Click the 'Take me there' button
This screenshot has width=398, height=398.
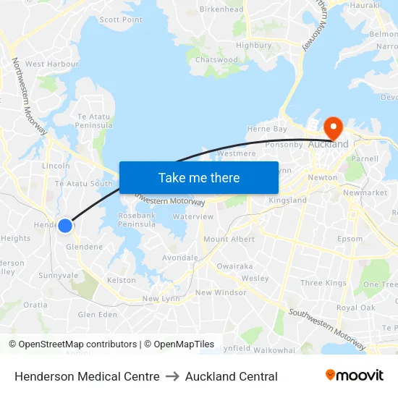pyautogui.click(x=198, y=177)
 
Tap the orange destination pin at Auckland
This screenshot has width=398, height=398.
pyautogui.click(x=334, y=128)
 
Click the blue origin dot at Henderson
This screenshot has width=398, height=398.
pyautogui.click(x=65, y=226)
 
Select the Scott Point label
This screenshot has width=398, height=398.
pyautogui.click(x=121, y=20)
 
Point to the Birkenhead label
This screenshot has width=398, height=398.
pyautogui.click(x=221, y=9)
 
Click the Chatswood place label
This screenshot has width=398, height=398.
pyautogui.click(x=216, y=60)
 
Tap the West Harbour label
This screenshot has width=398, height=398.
pyautogui.click(x=52, y=64)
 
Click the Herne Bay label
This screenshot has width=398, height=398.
pyautogui.click(x=267, y=129)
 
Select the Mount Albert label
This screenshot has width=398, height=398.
pyautogui.click(x=229, y=239)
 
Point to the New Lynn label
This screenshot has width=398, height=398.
pyautogui.click(x=160, y=299)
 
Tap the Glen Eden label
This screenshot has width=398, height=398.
pyautogui.click(x=97, y=314)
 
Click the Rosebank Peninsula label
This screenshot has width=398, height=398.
pyautogui.click(x=137, y=220)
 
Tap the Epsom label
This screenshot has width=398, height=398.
pyautogui.click(x=350, y=239)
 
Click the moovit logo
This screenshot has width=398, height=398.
pyautogui.click(x=355, y=376)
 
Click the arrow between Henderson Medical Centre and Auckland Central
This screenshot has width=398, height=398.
pyautogui.click(x=172, y=376)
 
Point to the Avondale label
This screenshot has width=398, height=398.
pyautogui.click(x=180, y=258)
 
